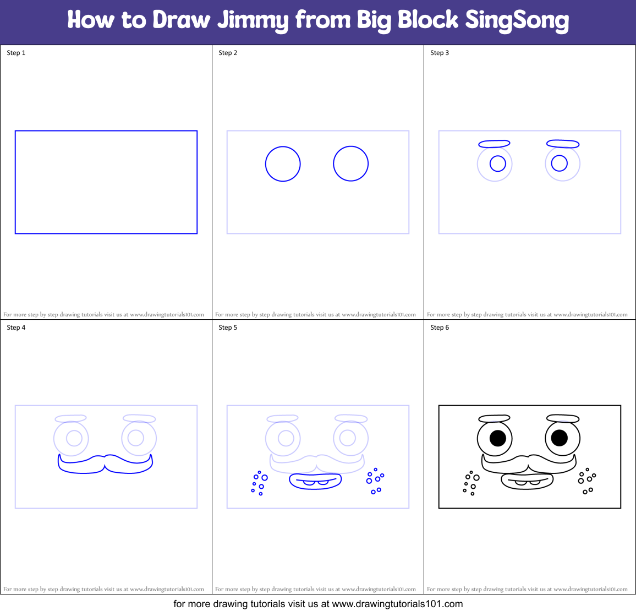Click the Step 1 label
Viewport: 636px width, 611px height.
point(16,53)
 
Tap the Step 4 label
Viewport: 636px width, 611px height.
point(16,328)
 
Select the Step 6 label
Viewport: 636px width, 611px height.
point(440,328)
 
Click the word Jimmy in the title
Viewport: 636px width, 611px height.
point(253,20)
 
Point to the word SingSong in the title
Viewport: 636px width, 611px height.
point(517,20)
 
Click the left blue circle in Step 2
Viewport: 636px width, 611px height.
point(283,163)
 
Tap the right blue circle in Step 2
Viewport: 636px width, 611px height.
point(350,163)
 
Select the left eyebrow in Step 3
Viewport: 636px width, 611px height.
point(494,144)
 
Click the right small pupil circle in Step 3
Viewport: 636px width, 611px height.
point(559,163)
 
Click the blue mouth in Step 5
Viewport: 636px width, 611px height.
point(315,481)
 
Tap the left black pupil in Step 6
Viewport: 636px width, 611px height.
point(497,438)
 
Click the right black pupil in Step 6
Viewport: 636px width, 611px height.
point(559,438)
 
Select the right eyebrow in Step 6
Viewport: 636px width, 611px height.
point(562,419)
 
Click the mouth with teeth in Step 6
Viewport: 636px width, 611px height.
point(527,481)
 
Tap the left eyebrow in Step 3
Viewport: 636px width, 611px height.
point(494,144)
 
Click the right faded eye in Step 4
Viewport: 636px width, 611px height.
point(139,438)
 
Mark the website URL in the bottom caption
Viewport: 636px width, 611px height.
point(397,604)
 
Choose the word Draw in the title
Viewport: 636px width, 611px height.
point(182,20)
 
